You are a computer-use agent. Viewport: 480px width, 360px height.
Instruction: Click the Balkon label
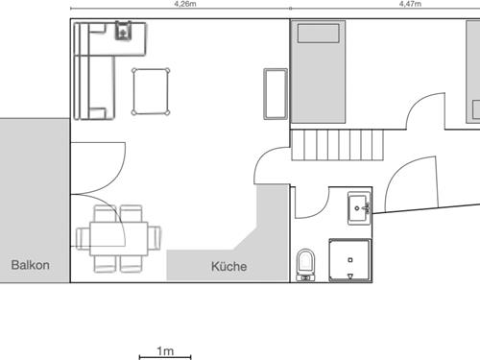pos(30,265)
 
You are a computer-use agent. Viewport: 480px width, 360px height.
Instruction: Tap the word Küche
pos(228,266)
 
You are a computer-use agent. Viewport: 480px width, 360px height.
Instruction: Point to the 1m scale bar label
pos(165,351)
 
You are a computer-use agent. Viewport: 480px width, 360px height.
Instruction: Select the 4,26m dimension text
pos(185,4)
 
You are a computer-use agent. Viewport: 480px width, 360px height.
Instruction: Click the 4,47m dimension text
pos(410,4)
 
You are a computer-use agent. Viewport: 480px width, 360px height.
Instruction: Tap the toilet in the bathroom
pos(305,265)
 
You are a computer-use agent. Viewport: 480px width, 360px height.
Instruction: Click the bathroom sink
pos(359,208)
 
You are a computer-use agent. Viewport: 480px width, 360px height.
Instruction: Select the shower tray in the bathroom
pos(350,260)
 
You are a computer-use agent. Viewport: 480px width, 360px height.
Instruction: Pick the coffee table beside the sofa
pos(151,91)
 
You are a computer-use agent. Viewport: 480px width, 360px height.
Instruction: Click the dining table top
pos(119,238)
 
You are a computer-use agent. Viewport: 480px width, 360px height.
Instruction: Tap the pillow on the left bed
pos(318,34)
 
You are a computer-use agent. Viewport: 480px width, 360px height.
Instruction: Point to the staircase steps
pos(337,145)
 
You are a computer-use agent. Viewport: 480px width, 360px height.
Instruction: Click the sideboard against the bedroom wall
pos(276,94)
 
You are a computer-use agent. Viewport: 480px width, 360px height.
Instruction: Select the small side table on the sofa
pos(124,31)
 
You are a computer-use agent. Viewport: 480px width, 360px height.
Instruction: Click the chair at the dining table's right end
pos(155,238)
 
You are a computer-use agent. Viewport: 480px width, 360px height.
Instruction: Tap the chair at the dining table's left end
pos(83,238)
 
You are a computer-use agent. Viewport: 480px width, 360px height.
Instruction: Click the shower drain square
pos(350,260)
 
